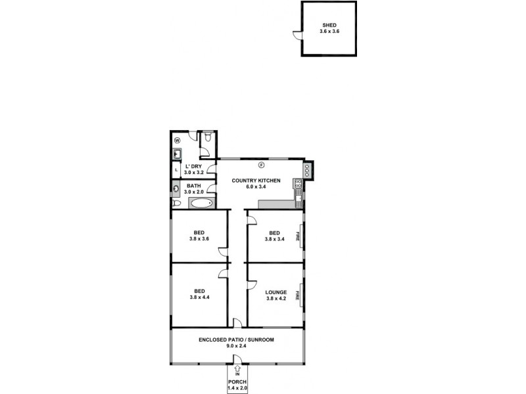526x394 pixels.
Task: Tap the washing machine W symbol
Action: pos(178,140)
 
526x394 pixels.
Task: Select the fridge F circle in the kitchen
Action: pos(260,164)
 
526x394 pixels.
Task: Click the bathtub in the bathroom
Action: pos(201,203)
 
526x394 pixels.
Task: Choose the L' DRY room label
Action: pos(193,166)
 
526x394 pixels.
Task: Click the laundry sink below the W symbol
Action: pos(178,154)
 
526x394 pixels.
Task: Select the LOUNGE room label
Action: pos(275,292)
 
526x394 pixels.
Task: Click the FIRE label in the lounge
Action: pos(298,294)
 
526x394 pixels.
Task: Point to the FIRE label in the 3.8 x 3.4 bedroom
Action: pos(298,236)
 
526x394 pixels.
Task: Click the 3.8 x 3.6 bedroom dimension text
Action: pos(199,239)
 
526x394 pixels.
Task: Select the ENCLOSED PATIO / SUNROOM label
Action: pos(236,339)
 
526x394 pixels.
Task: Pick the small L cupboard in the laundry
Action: pos(176,170)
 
